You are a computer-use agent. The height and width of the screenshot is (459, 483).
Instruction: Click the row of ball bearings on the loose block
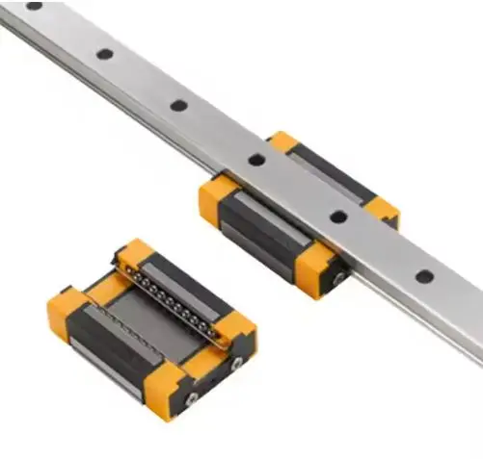tap(174, 297)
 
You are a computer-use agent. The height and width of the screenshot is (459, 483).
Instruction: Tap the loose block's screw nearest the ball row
tap(237, 363)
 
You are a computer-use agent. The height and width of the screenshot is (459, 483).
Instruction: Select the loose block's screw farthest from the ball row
tap(192, 395)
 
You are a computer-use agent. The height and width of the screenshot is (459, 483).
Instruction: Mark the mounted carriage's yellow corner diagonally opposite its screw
tap(282, 141)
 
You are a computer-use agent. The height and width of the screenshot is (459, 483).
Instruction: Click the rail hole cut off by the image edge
tap(34, 5)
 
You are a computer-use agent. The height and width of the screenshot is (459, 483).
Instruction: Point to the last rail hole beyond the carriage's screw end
tap(423, 276)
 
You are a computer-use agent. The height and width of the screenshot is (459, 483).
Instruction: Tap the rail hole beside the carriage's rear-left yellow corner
tap(256, 160)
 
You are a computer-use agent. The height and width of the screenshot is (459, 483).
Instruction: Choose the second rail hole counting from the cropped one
tap(102, 53)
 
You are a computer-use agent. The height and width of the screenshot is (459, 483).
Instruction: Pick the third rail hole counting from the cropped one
tap(178, 105)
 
